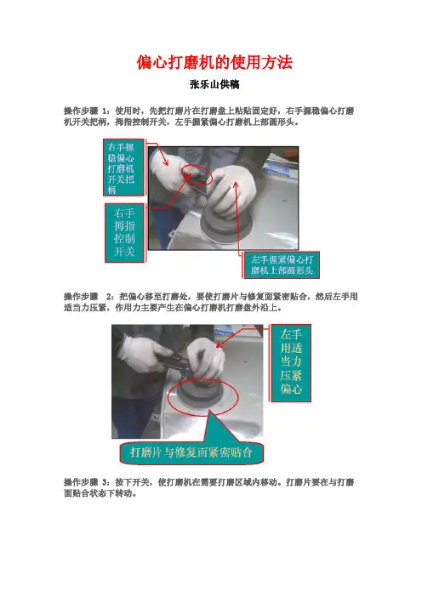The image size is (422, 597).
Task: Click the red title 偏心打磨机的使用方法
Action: click(214, 62)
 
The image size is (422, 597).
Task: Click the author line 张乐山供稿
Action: click(214, 84)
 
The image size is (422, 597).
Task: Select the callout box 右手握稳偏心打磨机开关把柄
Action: click(123, 168)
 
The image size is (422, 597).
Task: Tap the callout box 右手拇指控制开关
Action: click(124, 233)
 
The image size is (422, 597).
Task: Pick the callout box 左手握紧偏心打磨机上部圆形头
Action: click(281, 265)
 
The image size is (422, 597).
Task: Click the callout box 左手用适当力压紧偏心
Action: click(291, 363)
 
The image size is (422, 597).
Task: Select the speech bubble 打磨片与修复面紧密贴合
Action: click(191, 452)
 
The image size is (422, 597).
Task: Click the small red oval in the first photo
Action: click(197, 175)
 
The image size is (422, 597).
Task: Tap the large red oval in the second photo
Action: click(203, 398)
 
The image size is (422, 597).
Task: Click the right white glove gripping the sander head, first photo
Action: click(232, 191)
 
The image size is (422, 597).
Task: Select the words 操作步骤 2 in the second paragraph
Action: click(88, 297)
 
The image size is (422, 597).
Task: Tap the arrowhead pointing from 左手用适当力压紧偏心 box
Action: click(220, 345)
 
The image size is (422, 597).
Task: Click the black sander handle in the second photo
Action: click(174, 361)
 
